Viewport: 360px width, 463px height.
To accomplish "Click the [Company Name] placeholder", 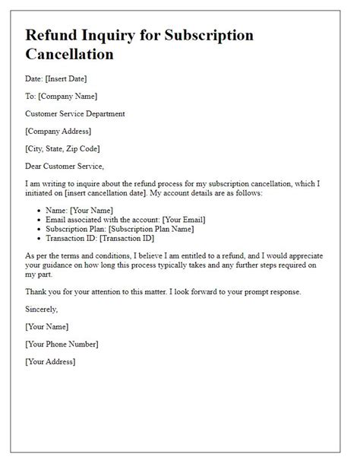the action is [68, 96].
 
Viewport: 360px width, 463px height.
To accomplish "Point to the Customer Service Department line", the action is [76, 113].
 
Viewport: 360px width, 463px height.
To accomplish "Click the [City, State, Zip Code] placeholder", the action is [63, 148].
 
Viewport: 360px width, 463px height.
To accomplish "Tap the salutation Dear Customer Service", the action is [65, 166].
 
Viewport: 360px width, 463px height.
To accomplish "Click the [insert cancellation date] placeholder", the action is [114, 193].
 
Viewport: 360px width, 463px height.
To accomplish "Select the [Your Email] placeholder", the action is [180, 220].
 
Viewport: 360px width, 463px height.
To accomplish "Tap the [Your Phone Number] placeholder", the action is [62, 344].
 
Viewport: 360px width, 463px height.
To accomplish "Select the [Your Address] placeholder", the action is [51, 361].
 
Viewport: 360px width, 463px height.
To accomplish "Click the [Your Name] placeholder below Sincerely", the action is [47, 326].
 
